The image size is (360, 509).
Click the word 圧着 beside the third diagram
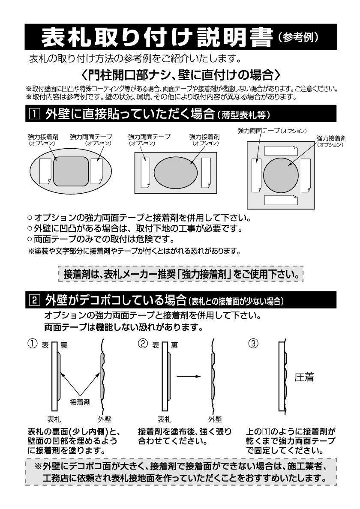click(304, 377)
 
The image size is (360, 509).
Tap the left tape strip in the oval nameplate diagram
click(45, 171)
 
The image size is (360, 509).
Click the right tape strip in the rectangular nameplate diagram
click(206, 172)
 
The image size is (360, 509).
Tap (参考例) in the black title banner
click(298, 37)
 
